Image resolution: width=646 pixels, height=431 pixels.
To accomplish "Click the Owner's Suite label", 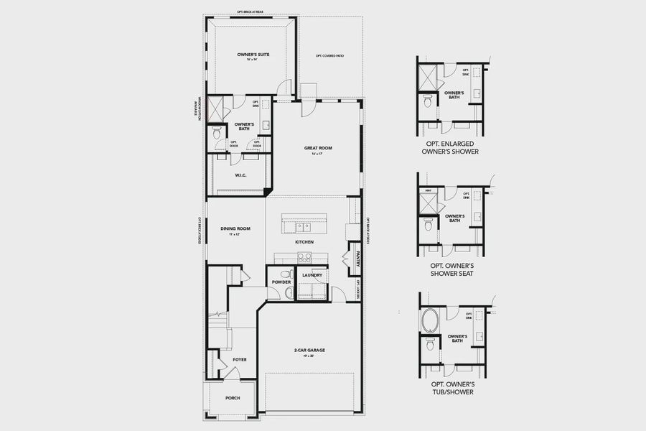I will coord(253,55).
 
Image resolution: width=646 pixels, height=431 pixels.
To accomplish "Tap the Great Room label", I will coord(318,149).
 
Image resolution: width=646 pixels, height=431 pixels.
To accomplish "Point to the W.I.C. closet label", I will coord(241,175).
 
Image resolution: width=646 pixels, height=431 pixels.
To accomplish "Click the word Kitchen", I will coord(304,242).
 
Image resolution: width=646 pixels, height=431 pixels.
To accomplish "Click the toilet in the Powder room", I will coord(286,274).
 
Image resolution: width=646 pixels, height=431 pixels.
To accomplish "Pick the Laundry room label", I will coord(312,275).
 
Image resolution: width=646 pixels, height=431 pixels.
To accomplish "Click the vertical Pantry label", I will coord(356,259).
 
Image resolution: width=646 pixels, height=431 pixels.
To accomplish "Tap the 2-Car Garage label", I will coord(309,351).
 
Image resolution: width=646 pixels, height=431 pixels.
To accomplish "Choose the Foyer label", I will coord(239,359).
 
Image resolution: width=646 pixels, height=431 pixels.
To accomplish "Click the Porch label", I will coord(233,398).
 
